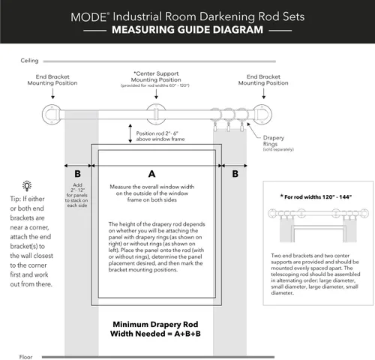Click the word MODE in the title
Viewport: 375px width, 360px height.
tap(88, 17)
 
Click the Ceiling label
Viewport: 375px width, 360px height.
tap(29, 61)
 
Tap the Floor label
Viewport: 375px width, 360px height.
tap(25, 357)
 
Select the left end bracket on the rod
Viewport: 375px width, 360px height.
tap(52, 114)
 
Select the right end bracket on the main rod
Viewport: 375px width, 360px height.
tap(262, 114)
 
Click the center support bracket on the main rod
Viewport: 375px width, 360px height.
tap(156, 114)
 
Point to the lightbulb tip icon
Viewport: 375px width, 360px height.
tap(27, 186)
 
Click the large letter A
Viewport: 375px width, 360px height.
tap(151, 174)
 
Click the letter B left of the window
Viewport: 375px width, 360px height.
tap(78, 174)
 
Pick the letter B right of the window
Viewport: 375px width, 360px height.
tap(235, 174)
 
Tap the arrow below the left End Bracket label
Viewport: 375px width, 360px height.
tap(52, 93)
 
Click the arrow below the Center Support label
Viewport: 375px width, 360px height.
tap(156, 94)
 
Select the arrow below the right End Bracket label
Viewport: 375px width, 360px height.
tap(264, 93)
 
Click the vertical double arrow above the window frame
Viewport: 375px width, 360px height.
tap(130, 133)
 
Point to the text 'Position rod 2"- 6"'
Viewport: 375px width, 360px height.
tap(157, 133)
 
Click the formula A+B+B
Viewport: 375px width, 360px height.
tap(187, 334)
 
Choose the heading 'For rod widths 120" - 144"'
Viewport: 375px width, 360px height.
tap(316, 196)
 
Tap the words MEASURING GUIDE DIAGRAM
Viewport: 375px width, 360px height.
tap(187, 30)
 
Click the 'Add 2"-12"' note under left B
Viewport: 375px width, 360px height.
tap(77, 187)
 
